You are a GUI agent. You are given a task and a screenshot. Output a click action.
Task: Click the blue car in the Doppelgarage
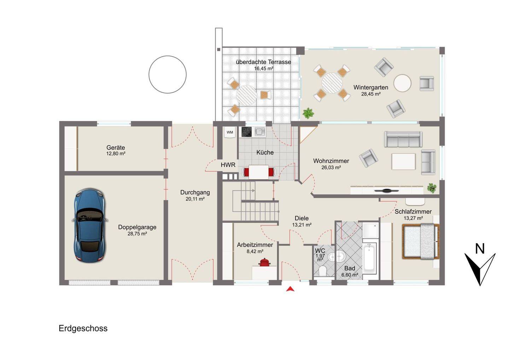coord(90,225)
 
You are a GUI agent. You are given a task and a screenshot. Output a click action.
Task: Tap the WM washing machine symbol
coord(230,132)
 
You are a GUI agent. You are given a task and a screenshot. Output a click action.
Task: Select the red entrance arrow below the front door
coord(290,289)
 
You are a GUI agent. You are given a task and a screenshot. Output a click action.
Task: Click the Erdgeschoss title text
coord(83,329)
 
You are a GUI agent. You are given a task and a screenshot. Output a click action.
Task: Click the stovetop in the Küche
coord(247,132)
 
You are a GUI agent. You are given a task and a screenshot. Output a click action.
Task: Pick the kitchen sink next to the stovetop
coord(260,132)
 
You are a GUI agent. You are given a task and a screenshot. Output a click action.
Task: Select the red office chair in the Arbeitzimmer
coord(264,262)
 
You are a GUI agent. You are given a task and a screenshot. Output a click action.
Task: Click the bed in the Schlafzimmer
coord(421,242)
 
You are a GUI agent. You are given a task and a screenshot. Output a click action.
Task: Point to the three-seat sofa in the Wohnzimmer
coord(403,139)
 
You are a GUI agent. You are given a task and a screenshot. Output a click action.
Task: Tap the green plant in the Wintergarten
coord(308,113)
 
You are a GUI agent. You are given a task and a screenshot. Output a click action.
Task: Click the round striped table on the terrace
coord(247,95)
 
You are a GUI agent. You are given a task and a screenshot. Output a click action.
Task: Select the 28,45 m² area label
coord(371,94)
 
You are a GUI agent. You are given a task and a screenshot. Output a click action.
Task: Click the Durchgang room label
coord(195,192)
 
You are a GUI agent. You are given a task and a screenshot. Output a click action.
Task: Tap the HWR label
coord(228,165)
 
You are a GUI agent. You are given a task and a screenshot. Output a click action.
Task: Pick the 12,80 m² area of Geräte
coord(116,153)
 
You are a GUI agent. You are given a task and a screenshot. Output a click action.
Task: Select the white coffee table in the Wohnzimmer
coord(403,161)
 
